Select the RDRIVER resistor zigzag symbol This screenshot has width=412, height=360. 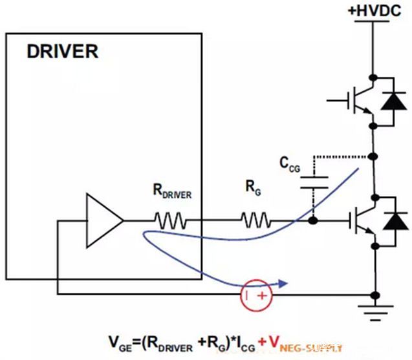171,222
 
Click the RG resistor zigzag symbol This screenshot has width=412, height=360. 256,222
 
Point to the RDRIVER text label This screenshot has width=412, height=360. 171,192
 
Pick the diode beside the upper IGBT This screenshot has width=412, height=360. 392,101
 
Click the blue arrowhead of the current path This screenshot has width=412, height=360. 282,282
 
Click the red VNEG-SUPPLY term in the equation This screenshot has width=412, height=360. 304,343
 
